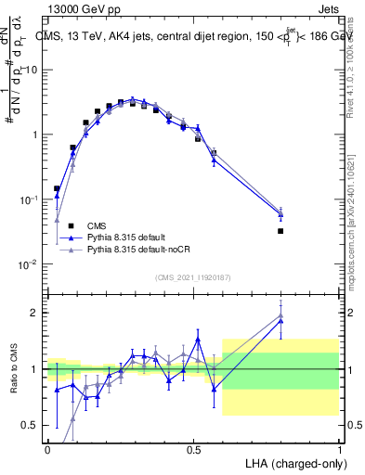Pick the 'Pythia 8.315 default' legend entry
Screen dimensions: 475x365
(x=118, y=237)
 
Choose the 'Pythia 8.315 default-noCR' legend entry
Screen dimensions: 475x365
(x=128, y=250)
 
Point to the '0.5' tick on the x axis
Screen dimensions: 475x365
(x=193, y=449)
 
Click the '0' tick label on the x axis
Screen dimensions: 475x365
(x=47, y=449)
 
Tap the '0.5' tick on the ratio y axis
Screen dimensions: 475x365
(x=30, y=426)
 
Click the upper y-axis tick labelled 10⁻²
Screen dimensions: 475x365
(x=29, y=263)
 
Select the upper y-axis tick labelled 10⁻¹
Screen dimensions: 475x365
(x=29, y=199)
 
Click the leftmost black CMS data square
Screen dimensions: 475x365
(x=57, y=188)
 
